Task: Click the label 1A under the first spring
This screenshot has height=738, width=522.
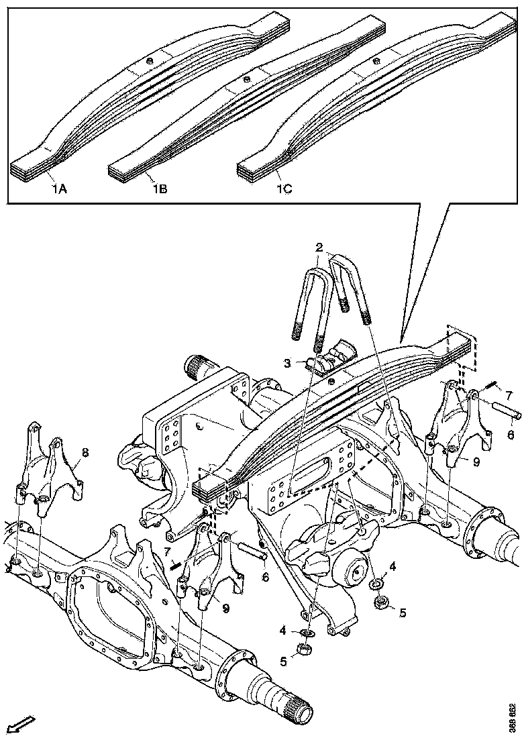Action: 59,189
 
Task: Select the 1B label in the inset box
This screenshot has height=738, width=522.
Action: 159,189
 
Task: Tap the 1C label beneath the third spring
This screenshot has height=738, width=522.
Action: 284,189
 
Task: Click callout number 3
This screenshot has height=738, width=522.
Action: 286,363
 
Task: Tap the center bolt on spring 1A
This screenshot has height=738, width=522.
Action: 149,62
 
